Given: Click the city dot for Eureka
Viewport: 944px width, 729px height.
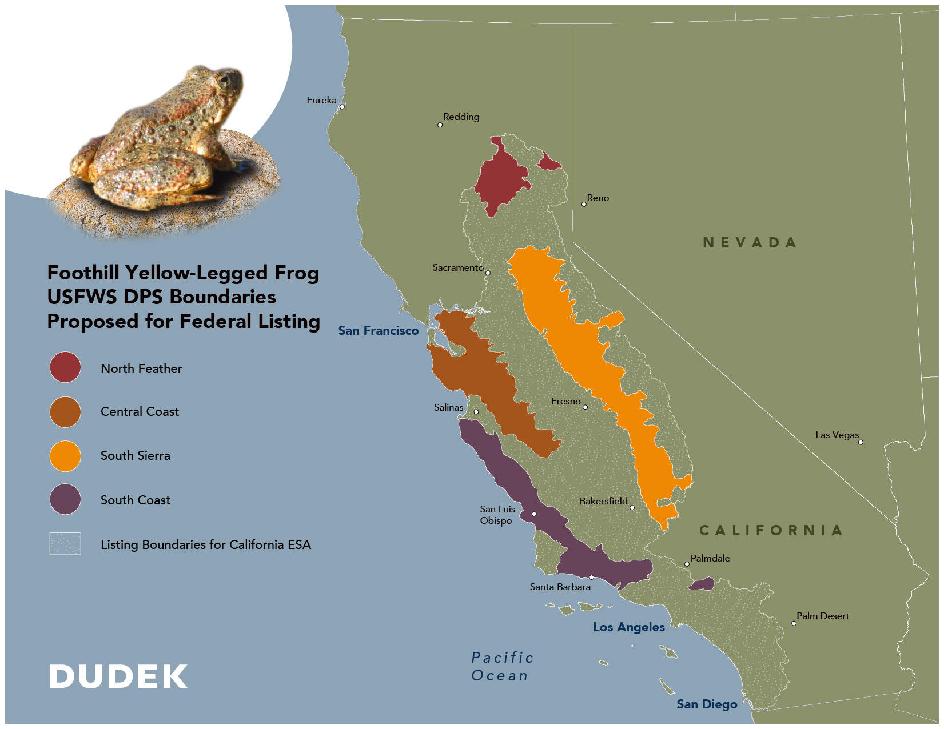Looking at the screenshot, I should [x=342, y=107].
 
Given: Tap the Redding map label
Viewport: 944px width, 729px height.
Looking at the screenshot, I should [x=461, y=117].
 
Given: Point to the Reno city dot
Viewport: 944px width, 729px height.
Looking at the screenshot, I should [x=584, y=204].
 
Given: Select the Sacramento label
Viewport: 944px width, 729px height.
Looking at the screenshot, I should [x=457, y=267].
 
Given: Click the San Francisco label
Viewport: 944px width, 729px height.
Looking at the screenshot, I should [x=378, y=331].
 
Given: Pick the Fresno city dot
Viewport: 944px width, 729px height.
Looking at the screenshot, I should [x=585, y=407].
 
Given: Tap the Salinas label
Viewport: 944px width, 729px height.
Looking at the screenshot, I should [x=448, y=407].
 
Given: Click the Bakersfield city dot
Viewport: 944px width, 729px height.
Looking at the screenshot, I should [x=632, y=507].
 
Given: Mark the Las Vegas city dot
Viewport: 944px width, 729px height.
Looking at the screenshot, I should [x=861, y=442].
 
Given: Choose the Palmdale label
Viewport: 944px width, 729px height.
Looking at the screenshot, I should [x=710, y=558].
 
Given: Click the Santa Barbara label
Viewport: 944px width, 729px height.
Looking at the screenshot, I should [x=560, y=587].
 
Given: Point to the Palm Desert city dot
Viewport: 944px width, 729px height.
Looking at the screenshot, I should [x=794, y=623].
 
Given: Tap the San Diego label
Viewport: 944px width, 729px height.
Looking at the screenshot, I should [x=707, y=704].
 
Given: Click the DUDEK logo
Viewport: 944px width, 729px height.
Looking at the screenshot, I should [x=118, y=676].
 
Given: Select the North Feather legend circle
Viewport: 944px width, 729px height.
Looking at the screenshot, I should [x=65, y=367].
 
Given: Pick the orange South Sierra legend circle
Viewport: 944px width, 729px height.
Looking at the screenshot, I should [x=65, y=456].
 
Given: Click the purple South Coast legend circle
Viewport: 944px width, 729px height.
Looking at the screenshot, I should [x=65, y=499].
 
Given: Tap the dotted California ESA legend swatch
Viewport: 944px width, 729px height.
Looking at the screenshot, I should [x=65, y=544].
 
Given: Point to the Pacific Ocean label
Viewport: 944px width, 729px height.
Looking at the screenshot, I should [x=502, y=667].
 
